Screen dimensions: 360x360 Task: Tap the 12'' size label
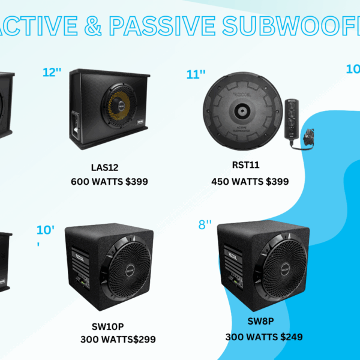[x=52, y=73]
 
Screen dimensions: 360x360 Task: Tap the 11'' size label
[x=196, y=74]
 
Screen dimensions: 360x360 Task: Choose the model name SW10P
[x=107, y=326]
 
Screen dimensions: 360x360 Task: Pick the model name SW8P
[x=261, y=321]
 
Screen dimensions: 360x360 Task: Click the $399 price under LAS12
[x=134, y=181]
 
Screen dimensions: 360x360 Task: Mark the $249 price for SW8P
[x=288, y=337]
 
